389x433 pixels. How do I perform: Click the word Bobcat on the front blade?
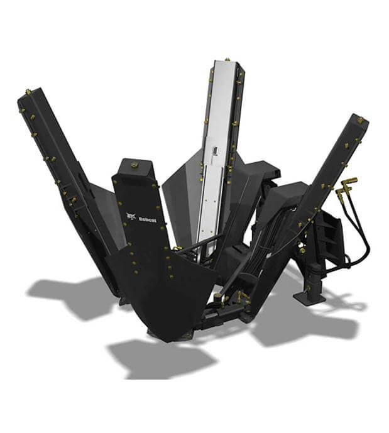pyautogui.click(x=148, y=220)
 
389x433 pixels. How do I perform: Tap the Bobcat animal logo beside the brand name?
pyautogui.click(x=131, y=217)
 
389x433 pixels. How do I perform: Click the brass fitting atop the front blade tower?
pyautogui.click(x=134, y=165)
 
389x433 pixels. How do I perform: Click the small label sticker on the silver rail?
pyautogui.click(x=215, y=151)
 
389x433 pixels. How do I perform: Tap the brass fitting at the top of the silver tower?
pyautogui.click(x=227, y=60)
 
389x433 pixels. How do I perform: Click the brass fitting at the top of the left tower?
pyautogui.click(x=28, y=91)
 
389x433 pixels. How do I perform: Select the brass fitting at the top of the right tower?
pyautogui.click(x=360, y=120)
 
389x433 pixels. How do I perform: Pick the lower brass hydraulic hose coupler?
pyautogui.click(x=340, y=192)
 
